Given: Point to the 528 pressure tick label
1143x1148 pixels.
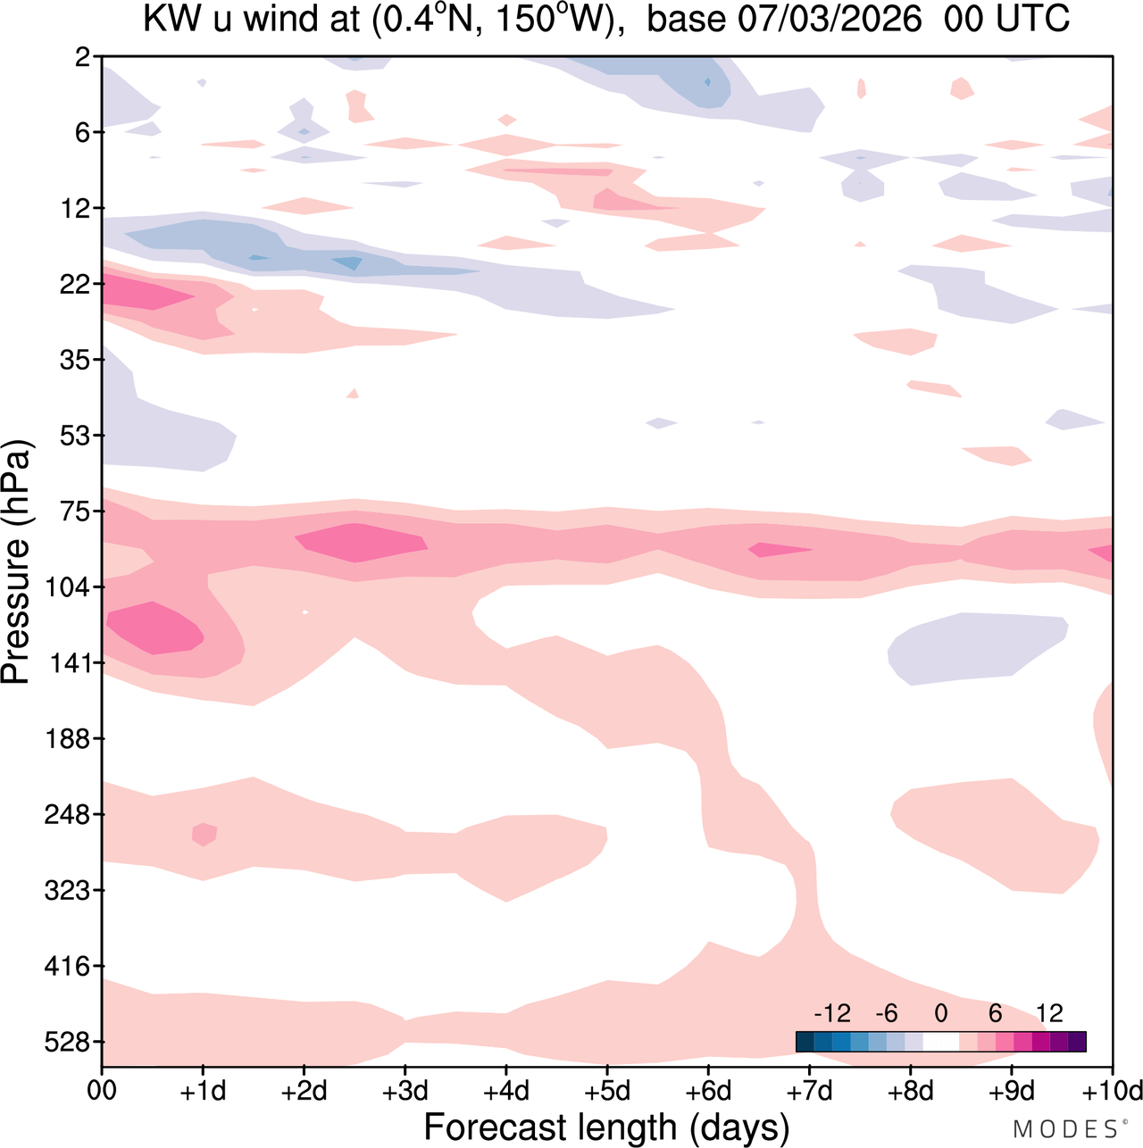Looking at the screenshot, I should (63, 1043).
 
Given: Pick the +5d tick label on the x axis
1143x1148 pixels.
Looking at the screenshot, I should (607, 1091).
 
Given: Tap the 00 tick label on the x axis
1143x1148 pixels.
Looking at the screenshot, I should (102, 1091).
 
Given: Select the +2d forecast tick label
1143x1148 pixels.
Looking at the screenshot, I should (305, 1091).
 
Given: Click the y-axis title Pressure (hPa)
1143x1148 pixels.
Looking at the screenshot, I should (16, 562).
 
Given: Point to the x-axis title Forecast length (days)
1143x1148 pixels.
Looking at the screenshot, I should (606, 1127).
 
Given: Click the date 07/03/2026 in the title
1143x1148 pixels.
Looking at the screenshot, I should (830, 19).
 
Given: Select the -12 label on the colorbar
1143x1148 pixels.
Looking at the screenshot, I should (832, 1013).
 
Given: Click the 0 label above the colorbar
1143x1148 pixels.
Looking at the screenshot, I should (940, 1013).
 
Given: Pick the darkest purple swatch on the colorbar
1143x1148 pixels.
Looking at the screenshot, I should (1077, 1042).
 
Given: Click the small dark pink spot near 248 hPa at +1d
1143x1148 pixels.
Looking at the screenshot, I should (204, 834).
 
